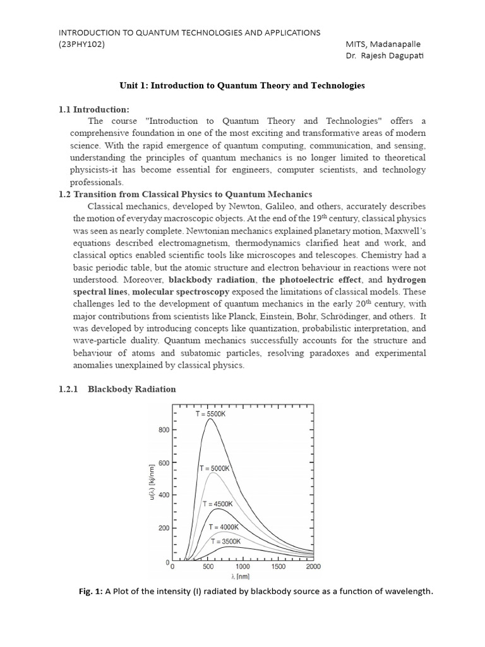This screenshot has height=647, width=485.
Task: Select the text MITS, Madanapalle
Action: tap(383, 44)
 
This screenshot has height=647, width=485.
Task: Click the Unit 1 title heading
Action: tap(242, 85)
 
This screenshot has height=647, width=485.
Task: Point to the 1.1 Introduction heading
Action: tap(93, 109)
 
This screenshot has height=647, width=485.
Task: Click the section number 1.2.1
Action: tap(68, 389)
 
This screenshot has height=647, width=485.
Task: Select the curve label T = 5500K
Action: tap(216, 413)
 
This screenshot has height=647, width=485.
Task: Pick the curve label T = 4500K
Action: tap(218, 504)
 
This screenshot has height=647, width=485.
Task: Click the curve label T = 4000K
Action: tap(224, 527)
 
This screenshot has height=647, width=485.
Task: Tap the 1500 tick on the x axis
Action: tap(278, 567)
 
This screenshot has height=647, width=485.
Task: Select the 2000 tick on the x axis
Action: tap(313, 567)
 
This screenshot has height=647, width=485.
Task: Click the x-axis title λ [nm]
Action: tap(243, 576)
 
